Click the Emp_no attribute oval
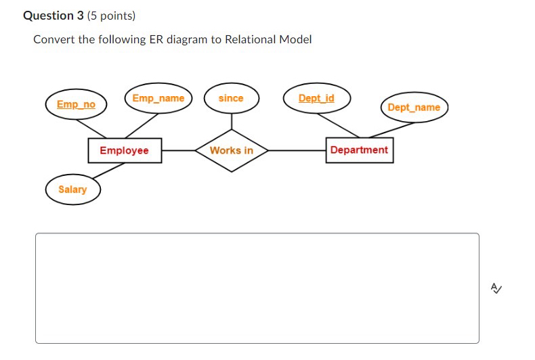point(76,104)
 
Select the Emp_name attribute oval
point(158,99)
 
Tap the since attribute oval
point(231,99)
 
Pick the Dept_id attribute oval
point(316,99)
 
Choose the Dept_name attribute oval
point(414,108)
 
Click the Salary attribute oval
point(72,189)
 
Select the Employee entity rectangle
point(125,150)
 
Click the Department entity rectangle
point(359,150)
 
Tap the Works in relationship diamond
point(232,150)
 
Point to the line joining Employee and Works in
point(179,150)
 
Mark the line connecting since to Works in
point(232,120)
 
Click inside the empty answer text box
point(257,288)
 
